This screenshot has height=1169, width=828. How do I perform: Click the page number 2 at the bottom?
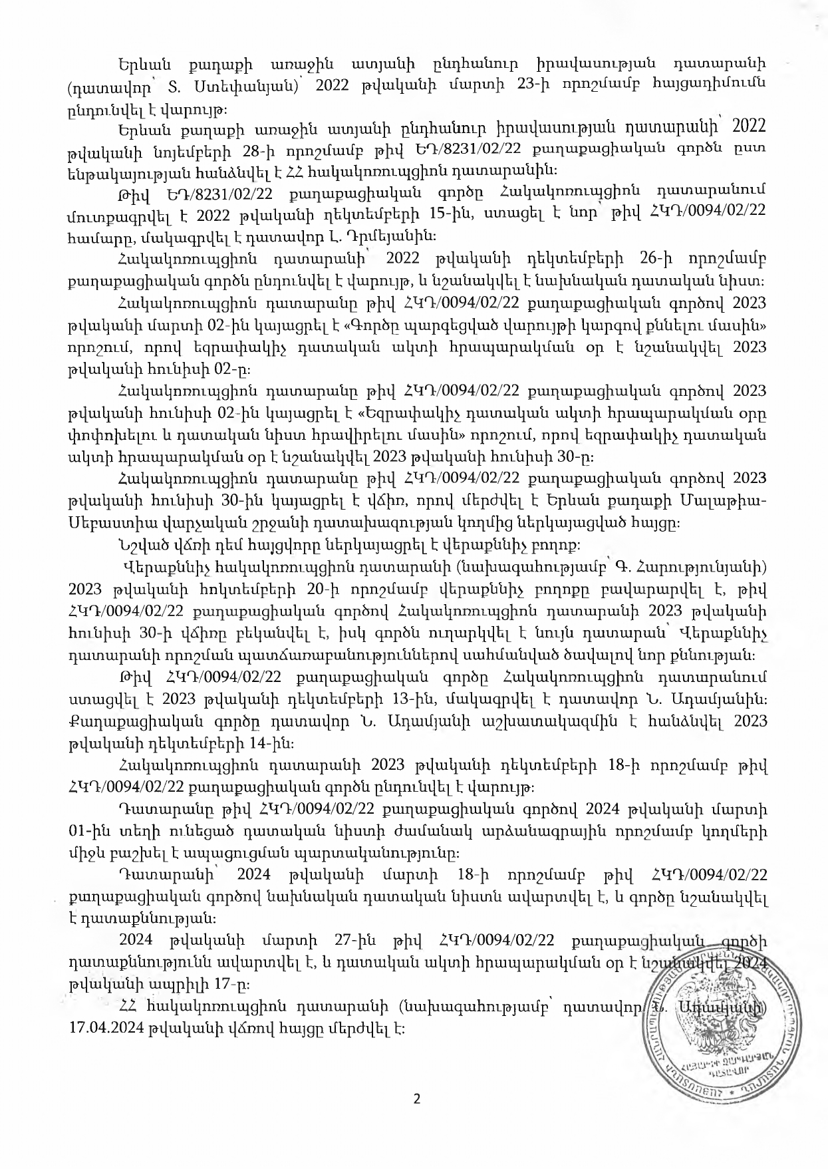pyautogui.click(x=417, y=1098)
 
